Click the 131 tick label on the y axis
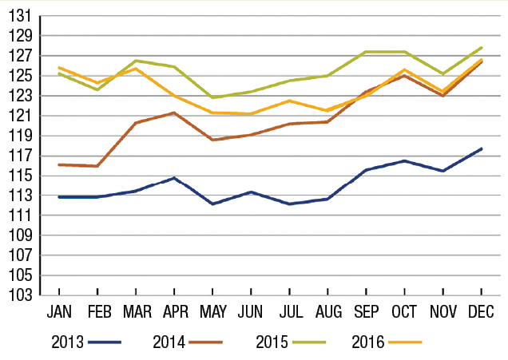point(22,16)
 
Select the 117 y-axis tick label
point(22,156)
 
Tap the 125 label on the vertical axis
point(22,76)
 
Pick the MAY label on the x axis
point(212,310)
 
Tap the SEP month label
point(367,310)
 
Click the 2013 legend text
point(68,342)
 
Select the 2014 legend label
point(169,342)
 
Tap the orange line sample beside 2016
point(404,342)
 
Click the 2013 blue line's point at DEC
point(482,148)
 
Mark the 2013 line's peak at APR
point(174,178)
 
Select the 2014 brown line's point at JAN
point(59,164)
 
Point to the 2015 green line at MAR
point(136,61)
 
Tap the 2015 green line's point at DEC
point(482,48)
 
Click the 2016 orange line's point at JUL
point(289,101)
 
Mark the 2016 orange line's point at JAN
point(59,68)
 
